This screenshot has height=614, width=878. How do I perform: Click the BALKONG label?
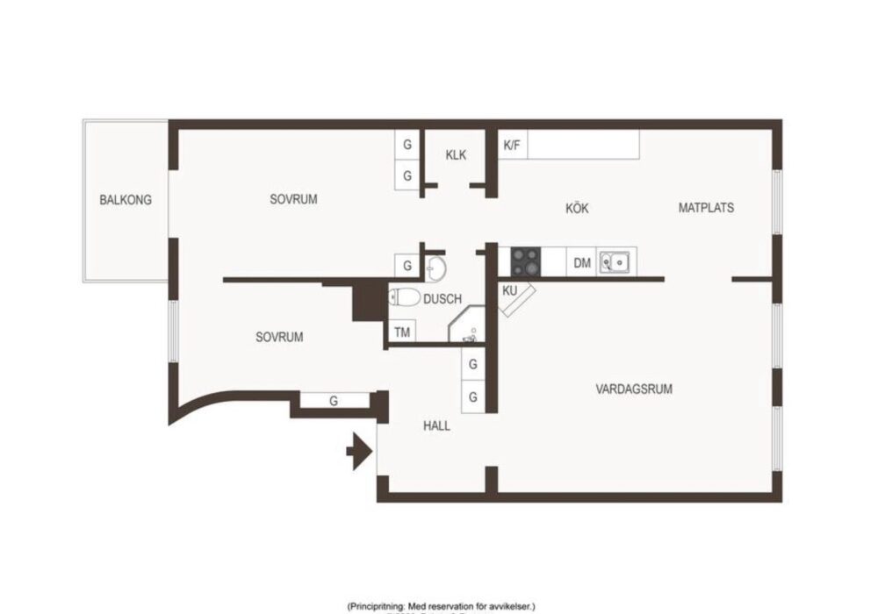coord(126,200)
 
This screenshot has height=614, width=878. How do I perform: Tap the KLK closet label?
coord(456,155)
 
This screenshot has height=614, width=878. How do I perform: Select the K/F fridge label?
coord(512,146)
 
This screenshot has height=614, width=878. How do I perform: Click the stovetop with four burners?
coord(526,261)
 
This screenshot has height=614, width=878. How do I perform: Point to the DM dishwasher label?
coord(582,263)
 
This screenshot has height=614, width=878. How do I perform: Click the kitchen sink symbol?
coord(615,262)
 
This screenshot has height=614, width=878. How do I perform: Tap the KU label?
coord(509,291)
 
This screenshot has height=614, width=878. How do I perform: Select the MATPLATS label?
coord(706,208)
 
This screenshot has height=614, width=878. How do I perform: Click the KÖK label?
coord(577,208)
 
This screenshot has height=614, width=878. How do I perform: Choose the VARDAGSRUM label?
coord(634,389)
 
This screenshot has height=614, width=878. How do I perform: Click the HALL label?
coord(436,426)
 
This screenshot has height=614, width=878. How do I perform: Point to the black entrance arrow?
coord(359,451)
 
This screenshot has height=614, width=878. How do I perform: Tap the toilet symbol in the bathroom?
coord(405,297)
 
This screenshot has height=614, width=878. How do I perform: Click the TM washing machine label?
coord(402,332)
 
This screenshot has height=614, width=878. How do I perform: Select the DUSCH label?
coord(443,299)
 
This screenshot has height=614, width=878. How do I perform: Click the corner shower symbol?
coord(466,325)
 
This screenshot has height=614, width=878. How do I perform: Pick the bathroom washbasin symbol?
coord(435,268)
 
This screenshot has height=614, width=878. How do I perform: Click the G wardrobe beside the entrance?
coord(334,401)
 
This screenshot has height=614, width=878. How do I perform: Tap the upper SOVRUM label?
coord(293,199)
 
